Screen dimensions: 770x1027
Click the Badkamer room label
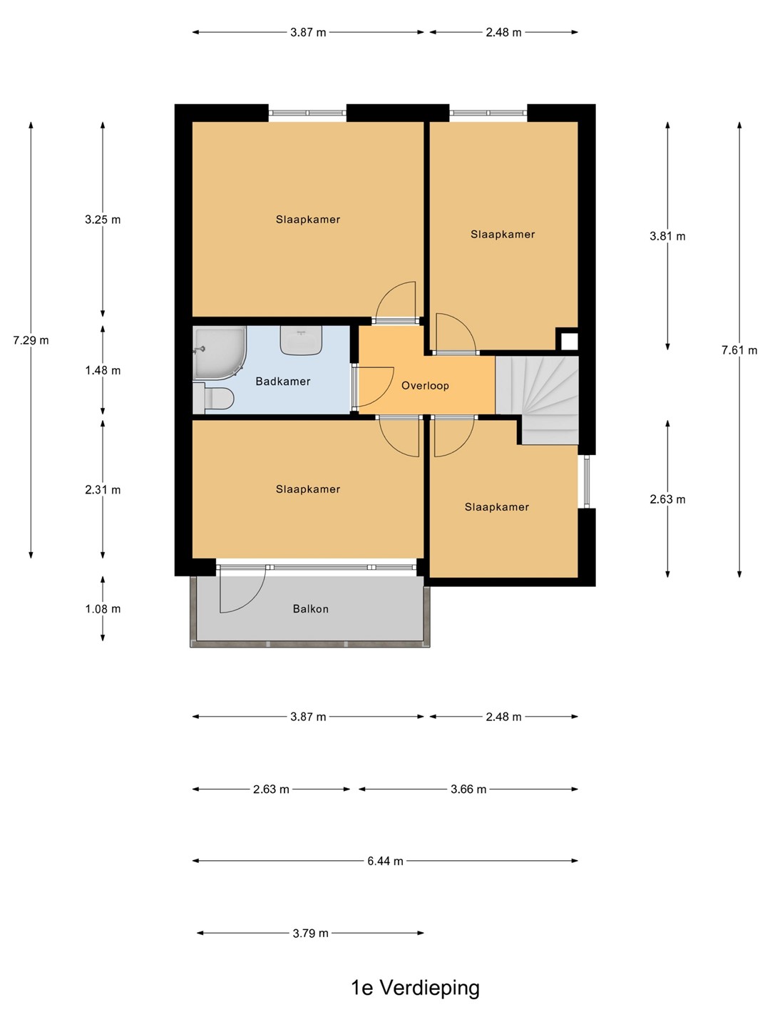click(283, 382)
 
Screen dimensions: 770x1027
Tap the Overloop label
click(425, 386)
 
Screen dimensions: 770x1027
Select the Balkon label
click(310, 609)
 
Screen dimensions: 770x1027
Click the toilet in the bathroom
click(214, 398)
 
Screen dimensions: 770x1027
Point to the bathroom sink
click(301, 340)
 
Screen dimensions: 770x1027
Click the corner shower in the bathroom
click(219, 352)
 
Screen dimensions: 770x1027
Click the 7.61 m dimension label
click(739, 350)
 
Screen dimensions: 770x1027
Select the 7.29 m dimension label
click(31, 340)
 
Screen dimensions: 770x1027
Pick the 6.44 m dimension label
click(385, 861)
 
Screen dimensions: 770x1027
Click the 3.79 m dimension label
click(310, 933)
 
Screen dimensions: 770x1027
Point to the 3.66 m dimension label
click(468, 790)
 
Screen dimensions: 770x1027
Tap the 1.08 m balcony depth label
click(103, 609)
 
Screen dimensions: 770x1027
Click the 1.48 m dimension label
click(103, 371)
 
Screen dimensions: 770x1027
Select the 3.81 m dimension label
click(667, 236)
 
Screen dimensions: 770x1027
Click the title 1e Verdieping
click(415, 988)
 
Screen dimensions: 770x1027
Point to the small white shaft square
click(570, 341)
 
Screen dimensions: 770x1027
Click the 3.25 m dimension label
click(103, 220)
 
